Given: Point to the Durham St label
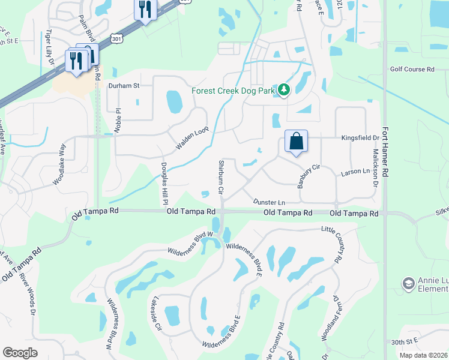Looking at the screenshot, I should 123,86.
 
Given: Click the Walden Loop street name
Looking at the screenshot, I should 191,138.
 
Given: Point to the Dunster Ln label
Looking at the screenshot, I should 268,202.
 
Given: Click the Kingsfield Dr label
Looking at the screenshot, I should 360,137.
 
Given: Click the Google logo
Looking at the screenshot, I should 20,353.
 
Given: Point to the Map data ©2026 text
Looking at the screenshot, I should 423,355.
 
